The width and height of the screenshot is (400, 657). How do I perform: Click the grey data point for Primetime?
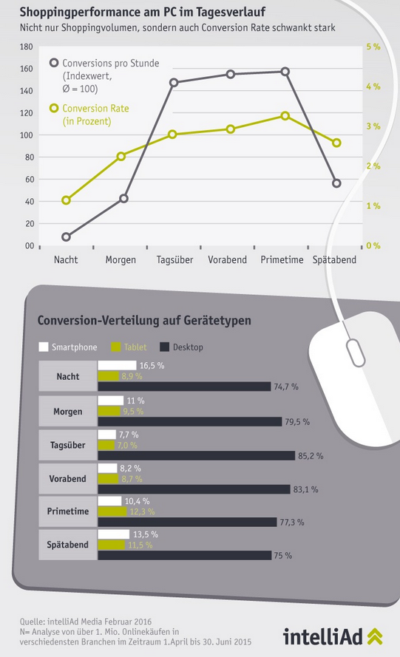pyautogui.click(x=285, y=72)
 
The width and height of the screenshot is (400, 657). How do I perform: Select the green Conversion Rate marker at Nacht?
pyautogui.click(x=66, y=200)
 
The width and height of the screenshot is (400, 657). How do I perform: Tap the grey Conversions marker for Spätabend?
pyautogui.click(x=336, y=183)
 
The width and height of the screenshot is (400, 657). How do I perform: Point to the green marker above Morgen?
pyautogui.click(x=121, y=156)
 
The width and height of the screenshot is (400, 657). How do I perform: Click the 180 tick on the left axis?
pyautogui.click(x=26, y=47)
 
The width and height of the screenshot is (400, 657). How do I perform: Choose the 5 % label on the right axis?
pyautogui.click(x=373, y=47)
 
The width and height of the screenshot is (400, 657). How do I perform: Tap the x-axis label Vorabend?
pyautogui.click(x=227, y=260)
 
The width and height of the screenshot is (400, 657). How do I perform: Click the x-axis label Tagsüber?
pyautogui.click(x=174, y=260)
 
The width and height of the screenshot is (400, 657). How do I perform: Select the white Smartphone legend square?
pyautogui.click(x=43, y=347)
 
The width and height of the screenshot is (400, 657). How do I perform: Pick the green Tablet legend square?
pyautogui.click(x=116, y=347)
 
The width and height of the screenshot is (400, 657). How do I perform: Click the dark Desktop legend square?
pyautogui.click(x=164, y=347)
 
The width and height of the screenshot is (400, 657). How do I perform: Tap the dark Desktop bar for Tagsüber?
pyautogui.click(x=197, y=455)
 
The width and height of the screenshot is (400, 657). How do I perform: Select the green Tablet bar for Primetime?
pyautogui.click(x=112, y=511)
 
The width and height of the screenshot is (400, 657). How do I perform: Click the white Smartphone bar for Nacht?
pyautogui.click(x=118, y=365)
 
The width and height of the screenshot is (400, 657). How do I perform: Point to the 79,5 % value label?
pyautogui.click(x=297, y=422)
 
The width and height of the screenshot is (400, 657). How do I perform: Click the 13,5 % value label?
pyautogui.click(x=146, y=534)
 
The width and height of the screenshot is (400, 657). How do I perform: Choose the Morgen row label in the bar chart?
pyautogui.click(x=68, y=412)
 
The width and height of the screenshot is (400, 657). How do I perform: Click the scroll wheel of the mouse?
pyautogui.click(x=355, y=353)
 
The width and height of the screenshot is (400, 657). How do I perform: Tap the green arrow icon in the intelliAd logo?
pyautogui.click(x=375, y=636)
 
